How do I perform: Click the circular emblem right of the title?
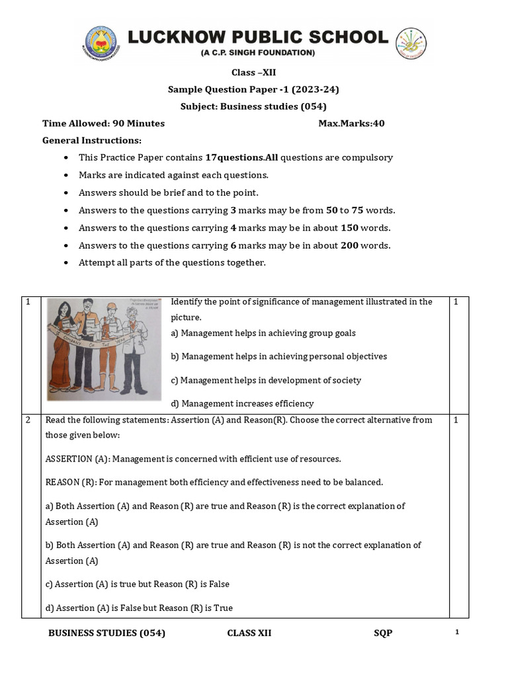click(411, 44)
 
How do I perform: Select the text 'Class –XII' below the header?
click(253, 72)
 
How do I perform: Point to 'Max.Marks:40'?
click(351, 123)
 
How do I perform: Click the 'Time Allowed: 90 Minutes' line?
click(104, 123)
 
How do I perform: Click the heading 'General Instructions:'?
click(92, 140)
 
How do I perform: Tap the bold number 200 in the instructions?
click(351, 245)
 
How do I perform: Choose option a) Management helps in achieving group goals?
click(263, 333)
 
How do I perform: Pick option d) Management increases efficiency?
click(242, 403)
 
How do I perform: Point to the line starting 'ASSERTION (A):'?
click(193, 459)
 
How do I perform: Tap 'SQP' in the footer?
click(383, 633)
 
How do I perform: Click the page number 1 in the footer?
click(457, 633)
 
